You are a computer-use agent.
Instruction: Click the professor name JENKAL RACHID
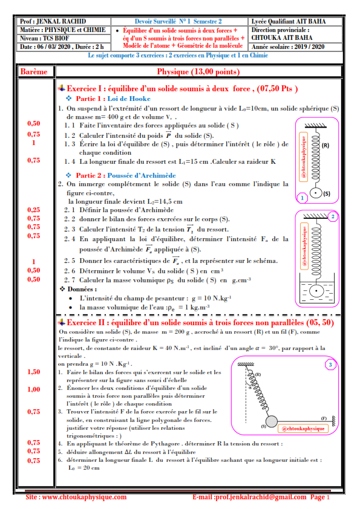(61, 21)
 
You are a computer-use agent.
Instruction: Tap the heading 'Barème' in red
(34, 72)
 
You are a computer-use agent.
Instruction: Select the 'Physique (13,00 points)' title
(198, 72)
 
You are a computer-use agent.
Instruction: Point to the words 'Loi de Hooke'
(129, 99)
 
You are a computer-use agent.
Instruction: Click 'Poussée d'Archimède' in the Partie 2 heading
(142, 175)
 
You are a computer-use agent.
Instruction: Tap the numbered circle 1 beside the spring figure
(303, 198)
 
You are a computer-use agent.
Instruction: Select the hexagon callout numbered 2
(333, 216)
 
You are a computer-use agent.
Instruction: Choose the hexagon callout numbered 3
(330, 365)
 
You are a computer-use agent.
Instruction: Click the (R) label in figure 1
(326, 146)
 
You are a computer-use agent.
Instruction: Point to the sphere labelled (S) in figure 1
(315, 193)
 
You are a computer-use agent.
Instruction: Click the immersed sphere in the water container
(316, 291)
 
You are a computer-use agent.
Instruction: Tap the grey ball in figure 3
(272, 422)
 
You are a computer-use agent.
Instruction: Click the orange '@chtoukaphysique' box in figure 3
(303, 429)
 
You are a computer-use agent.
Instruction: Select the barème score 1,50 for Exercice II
(34, 372)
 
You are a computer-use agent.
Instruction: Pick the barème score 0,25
(34, 210)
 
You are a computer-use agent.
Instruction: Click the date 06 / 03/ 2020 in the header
(54, 47)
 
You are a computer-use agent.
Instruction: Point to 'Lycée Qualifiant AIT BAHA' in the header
(289, 21)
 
